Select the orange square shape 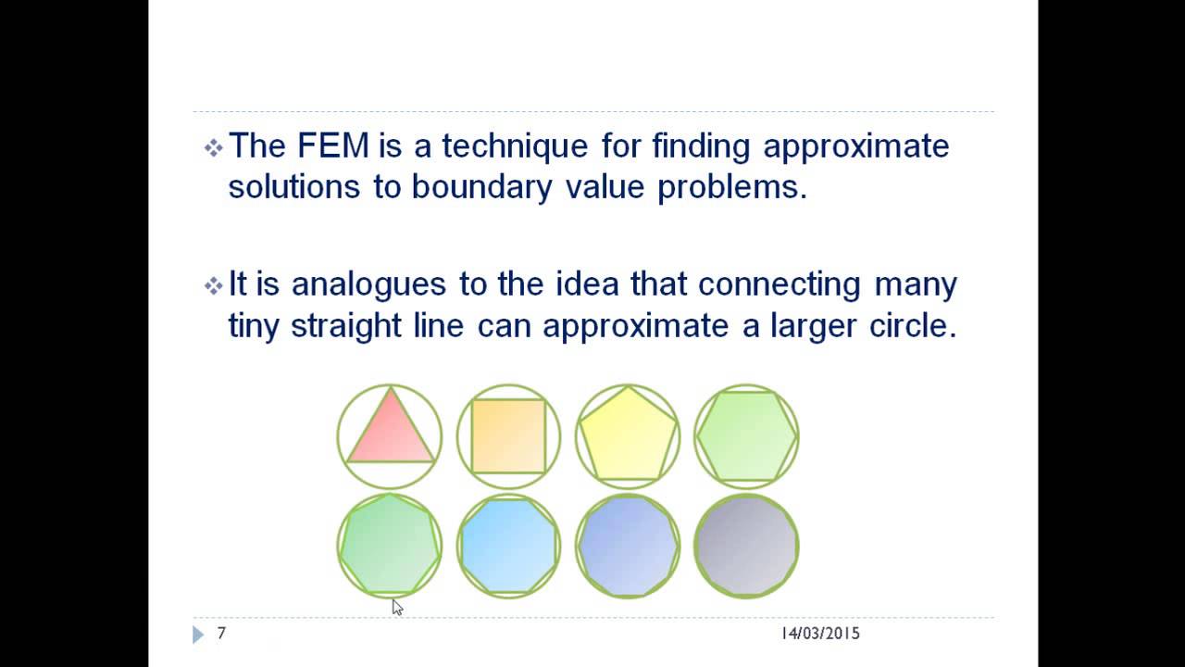(508, 435)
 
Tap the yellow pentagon (627, 437)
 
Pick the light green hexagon (746, 435)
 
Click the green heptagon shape (390, 545)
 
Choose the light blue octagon (508, 545)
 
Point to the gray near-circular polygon (746, 545)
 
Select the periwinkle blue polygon (627, 545)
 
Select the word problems (732, 187)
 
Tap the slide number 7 (221, 634)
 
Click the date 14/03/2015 (820, 634)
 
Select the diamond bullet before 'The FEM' (213, 147)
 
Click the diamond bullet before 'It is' (213, 285)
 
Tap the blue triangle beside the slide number (198, 635)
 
